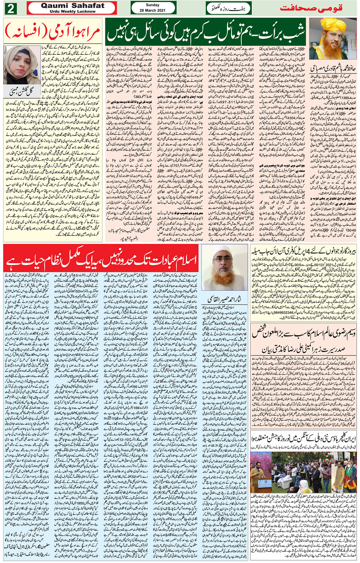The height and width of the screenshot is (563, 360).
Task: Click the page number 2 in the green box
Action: pos(11,8)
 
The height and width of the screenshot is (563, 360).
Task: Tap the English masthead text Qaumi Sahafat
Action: pos(72,5)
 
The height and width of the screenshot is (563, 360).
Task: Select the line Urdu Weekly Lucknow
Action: pos(72,11)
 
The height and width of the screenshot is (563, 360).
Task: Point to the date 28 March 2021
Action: pos(153,10)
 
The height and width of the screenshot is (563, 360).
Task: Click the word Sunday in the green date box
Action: pos(153,5)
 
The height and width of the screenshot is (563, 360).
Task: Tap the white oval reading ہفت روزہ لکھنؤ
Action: pos(228,8)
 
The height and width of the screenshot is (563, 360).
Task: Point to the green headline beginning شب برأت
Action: pos(206,32)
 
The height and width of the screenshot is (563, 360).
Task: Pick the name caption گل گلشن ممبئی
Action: pos(22,91)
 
